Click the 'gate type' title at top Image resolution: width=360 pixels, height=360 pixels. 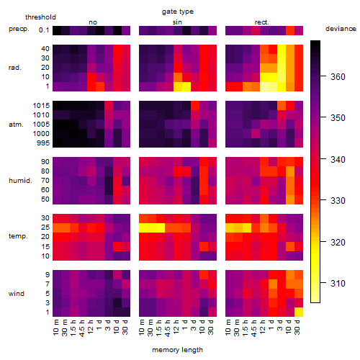[x=178, y=12]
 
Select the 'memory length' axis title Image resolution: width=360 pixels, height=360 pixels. [x=177, y=350]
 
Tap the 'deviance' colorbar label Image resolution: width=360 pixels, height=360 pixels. [x=341, y=29]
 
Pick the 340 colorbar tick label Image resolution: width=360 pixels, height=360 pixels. [x=338, y=159]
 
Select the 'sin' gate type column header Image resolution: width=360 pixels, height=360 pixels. [x=177, y=22]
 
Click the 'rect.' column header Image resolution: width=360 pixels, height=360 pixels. [x=261, y=22]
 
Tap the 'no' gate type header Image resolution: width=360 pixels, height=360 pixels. [x=93, y=22]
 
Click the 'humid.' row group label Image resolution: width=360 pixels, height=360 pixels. [x=20, y=181]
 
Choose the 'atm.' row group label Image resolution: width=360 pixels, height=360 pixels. [x=16, y=125]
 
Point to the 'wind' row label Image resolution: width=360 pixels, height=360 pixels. [x=17, y=294]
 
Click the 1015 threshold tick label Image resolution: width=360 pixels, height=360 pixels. [x=41, y=106]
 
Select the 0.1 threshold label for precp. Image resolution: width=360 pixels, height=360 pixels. [x=44, y=30]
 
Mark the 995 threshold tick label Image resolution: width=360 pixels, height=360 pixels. [x=43, y=143]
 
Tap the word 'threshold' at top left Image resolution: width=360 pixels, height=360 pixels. [x=40, y=17]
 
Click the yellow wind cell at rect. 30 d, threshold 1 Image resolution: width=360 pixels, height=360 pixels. [x=299, y=312]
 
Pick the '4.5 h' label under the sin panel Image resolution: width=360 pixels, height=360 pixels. [x=168, y=328]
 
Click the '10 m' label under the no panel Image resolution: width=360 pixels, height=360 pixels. [x=55, y=328]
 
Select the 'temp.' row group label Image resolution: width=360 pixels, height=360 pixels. [x=18, y=236]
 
